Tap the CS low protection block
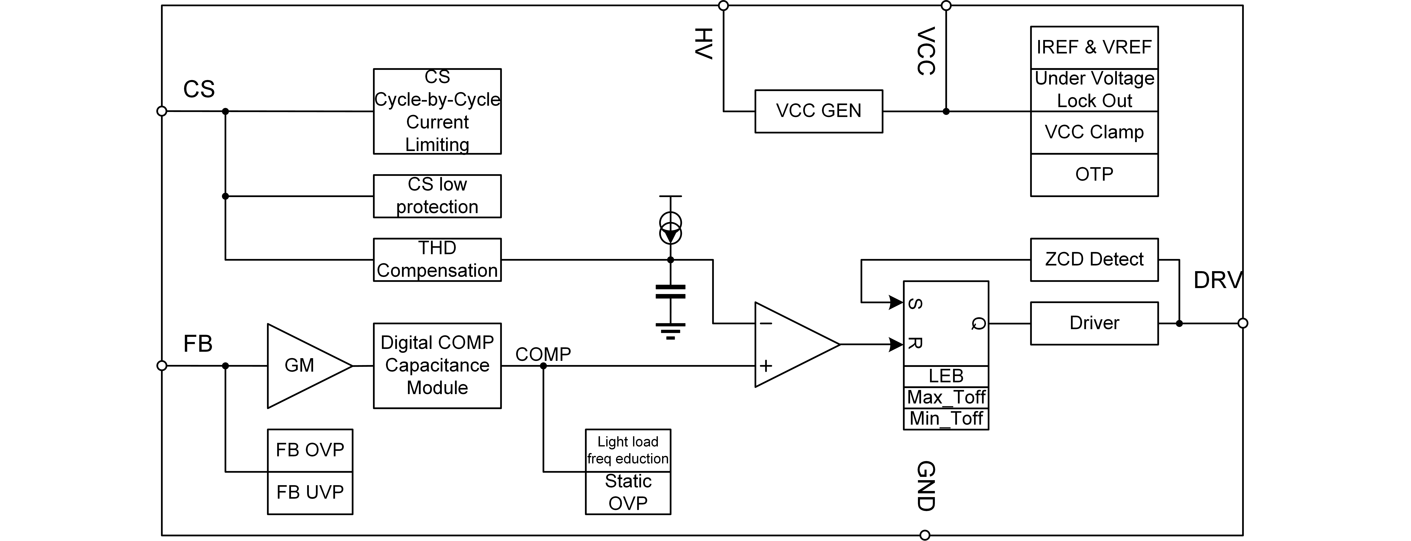click(x=437, y=196)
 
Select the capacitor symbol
click(x=670, y=292)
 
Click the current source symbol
click(x=670, y=228)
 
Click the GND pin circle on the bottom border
click(x=925, y=535)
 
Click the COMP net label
click(x=543, y=354)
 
